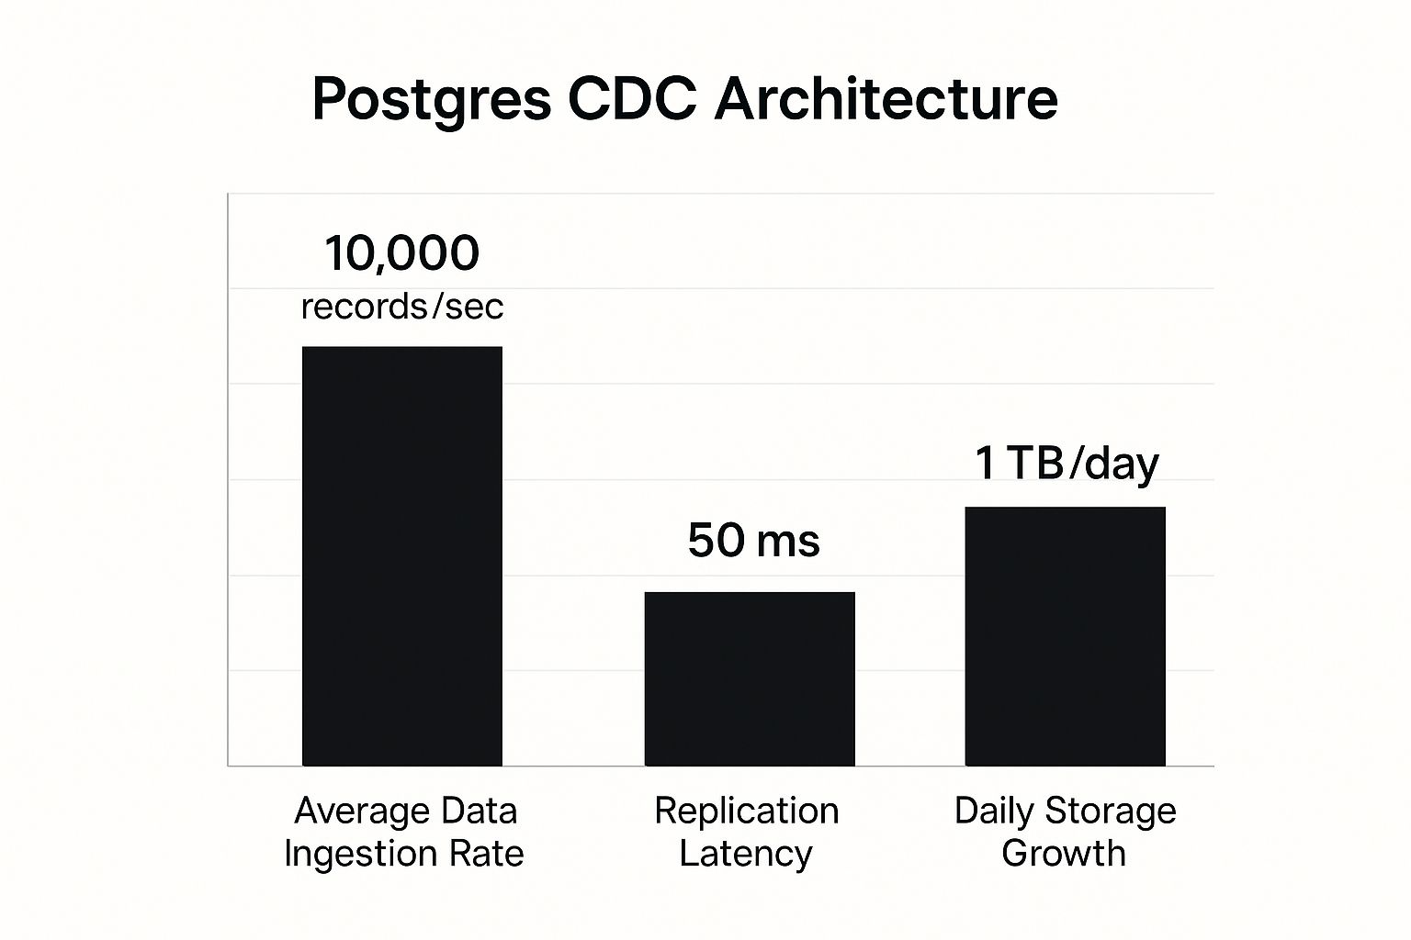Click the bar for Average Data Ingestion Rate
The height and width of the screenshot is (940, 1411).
[402, 555]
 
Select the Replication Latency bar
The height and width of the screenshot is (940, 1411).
[750, 678]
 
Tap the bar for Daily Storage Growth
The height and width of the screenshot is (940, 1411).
[1065, 635]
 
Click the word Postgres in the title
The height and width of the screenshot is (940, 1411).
[432, 99]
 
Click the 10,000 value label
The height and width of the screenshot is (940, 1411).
[402, 253]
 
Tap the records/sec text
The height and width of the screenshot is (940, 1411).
[402, 307]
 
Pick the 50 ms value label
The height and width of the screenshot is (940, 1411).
[753, 540]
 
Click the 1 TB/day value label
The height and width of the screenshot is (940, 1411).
[1067, 463]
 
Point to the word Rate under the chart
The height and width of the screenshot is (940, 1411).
[486, 854]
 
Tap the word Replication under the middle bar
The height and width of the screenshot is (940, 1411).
[747, 811]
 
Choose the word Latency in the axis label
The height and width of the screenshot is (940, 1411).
[746, 854]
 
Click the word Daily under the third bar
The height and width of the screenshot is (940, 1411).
[994, 811]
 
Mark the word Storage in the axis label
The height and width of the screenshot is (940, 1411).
[1110, 811]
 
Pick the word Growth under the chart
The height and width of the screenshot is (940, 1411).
[1064, 854]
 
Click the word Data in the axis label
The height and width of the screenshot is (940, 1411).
[479, 811]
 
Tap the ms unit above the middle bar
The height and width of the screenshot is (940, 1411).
[787, 542]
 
